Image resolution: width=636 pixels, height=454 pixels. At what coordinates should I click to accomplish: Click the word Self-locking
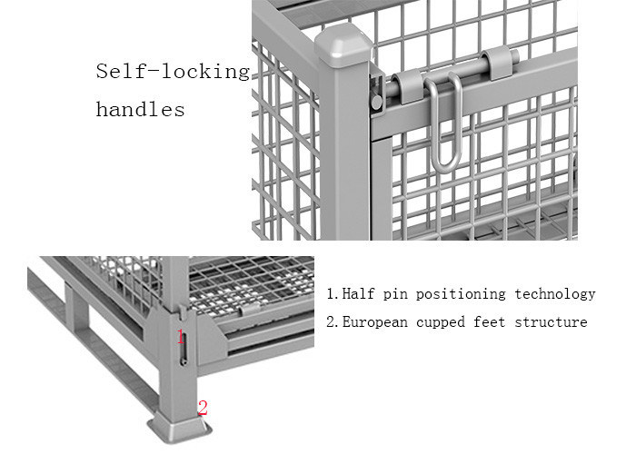(x=173, y=73)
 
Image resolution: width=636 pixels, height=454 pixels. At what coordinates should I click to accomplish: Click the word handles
(x=140, y=110)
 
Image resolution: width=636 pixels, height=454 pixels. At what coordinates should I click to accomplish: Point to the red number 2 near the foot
(x=203, y=408)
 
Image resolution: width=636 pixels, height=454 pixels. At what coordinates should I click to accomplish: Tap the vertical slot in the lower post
(x=184, y=348)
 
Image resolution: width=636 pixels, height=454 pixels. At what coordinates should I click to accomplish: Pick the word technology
(x=555, y=294)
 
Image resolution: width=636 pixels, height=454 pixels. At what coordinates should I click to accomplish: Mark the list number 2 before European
(x=331, y=321)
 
